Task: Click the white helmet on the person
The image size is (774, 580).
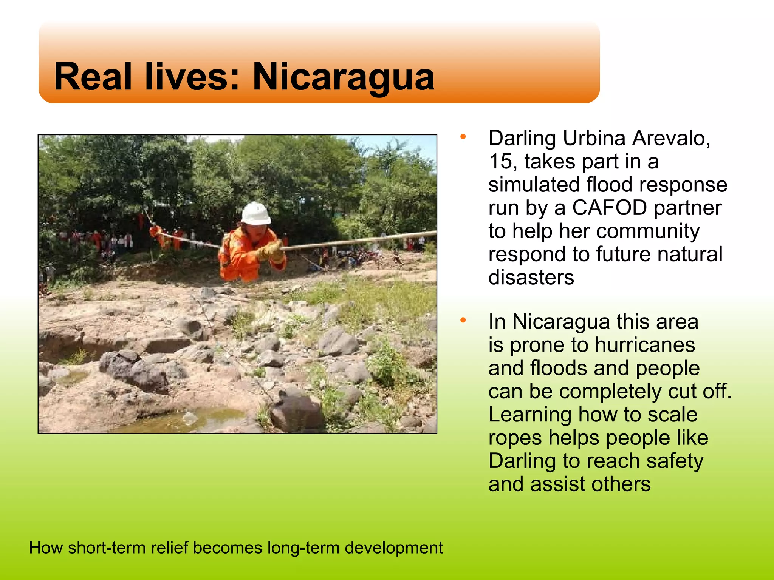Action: pyautogui.click(x=256, y=213)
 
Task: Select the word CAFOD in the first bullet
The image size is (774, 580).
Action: pyautogui.click(x=609, y=208)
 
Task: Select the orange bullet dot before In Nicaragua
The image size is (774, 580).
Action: pyautogui.click(x=463, y=321)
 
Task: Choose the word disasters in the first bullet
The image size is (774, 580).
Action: pyautogui.click(x=531, y=278)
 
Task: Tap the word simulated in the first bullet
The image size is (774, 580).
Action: pyautogui.click(x=534, y=185)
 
